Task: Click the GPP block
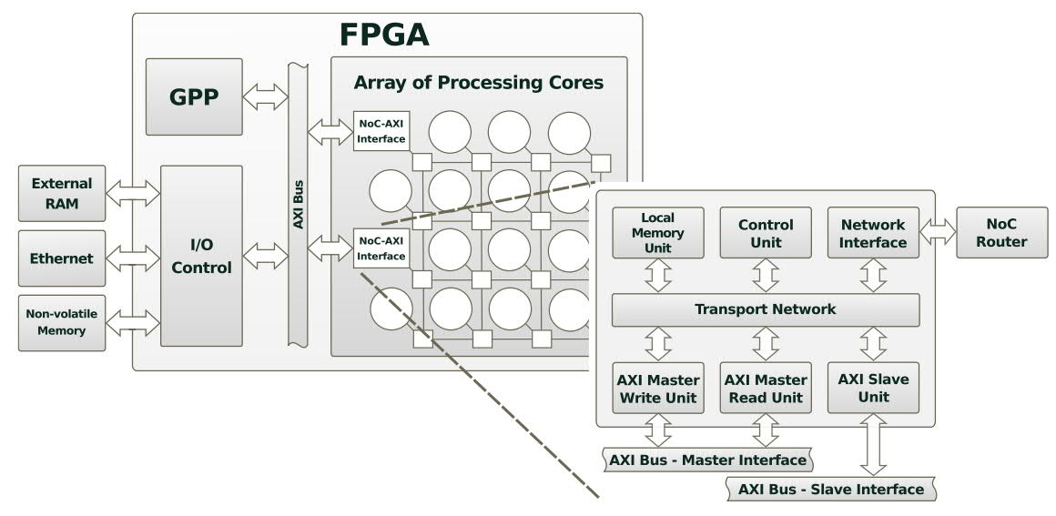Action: pos(194,97)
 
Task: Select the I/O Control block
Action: pos(201,256)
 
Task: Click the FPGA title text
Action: pos(383,35)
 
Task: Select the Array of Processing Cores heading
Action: pos(478,83)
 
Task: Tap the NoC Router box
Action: pos(993,233)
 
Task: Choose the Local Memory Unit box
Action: pos(657,233)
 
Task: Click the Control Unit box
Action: pos(766,233)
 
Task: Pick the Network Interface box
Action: pos(873,233)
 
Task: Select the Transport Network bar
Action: pos(765,309)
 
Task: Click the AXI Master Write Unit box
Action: pos(657,389)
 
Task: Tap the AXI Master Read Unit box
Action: pos(766,389)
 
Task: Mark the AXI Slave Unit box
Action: pos(873,389)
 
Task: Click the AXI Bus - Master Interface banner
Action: pos(707,460)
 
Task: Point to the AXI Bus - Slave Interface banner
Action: pos(830,489)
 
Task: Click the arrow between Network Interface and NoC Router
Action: pos(938,233)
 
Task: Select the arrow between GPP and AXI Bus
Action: pos(265,97)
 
